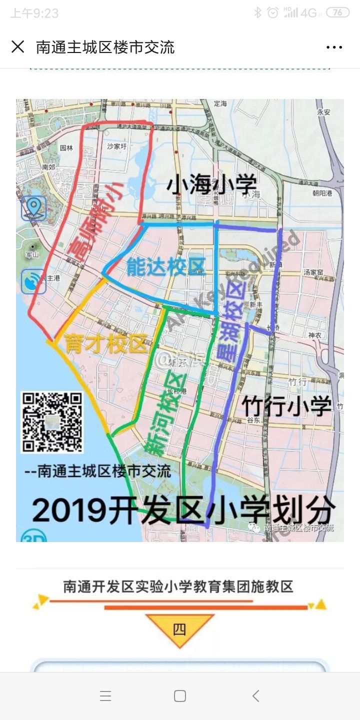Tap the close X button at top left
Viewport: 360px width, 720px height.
(17, 47)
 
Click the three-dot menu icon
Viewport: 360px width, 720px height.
(334, 47)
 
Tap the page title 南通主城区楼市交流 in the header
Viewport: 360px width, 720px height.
(105, 47)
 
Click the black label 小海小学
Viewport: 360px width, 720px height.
(211, 184)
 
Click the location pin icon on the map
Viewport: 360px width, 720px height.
(34, 208)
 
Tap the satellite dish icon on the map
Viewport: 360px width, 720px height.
(33, 282)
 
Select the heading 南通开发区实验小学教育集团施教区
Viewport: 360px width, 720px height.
(178, 586)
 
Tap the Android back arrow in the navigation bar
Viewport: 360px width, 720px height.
(255, 695)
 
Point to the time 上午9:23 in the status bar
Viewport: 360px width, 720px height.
(34, 13)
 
